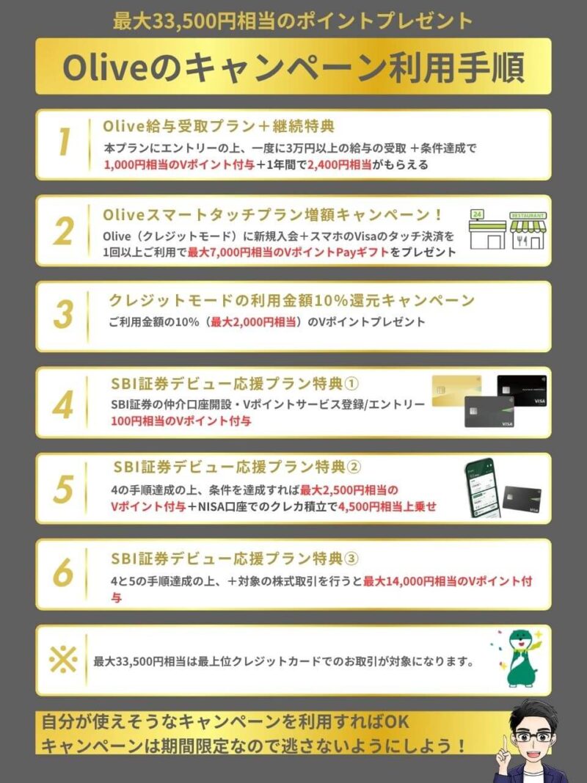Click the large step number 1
[x=63, y=142]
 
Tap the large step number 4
[x=63, y=405]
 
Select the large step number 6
[x=63, y=572]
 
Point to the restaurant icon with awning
[x=528, y=230]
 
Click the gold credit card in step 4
[x=456, y=390]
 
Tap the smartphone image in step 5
[x=483, y=488]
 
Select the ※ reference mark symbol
[x=63, y=660]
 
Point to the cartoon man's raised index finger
[x=505, y=745]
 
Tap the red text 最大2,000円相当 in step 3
[x=253, y=322]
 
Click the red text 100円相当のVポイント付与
[x=181, y=420]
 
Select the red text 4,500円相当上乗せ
[x=387, y=506]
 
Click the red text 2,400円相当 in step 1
[x=340, y=164]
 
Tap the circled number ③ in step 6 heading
[x=351, y=558]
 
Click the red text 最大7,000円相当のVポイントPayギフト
[x=288, y=252]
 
